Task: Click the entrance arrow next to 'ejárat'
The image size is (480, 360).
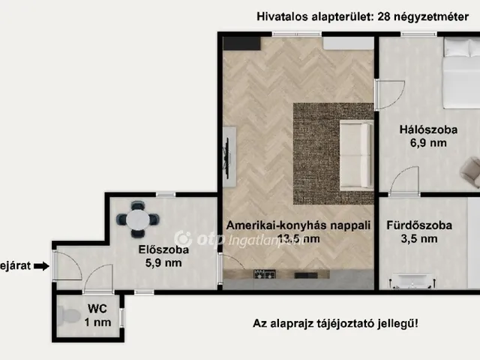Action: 41,265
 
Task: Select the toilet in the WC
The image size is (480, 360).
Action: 69,316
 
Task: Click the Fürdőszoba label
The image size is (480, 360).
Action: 418,225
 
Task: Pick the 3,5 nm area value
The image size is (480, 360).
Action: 419,239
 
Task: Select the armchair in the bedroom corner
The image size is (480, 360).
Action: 471,172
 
